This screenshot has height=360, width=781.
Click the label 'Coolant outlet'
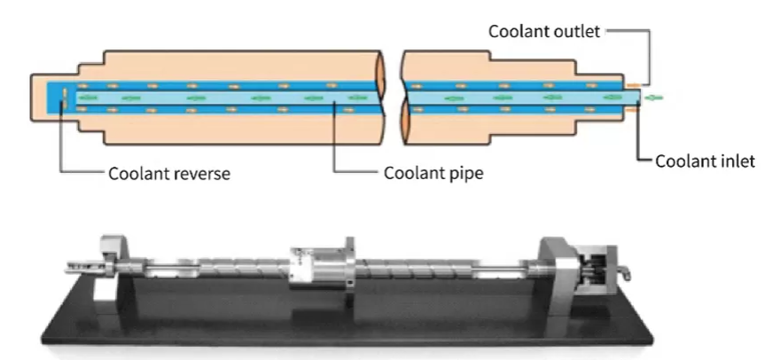544,31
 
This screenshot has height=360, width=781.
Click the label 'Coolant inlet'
706,160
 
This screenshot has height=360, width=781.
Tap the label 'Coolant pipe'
433,173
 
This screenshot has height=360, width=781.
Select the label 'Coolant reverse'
169,173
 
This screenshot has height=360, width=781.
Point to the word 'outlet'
577,31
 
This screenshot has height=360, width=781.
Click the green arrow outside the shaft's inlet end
653,98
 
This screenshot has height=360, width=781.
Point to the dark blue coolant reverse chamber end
60,98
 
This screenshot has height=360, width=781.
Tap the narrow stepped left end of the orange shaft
55,98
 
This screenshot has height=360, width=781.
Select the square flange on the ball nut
349,262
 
